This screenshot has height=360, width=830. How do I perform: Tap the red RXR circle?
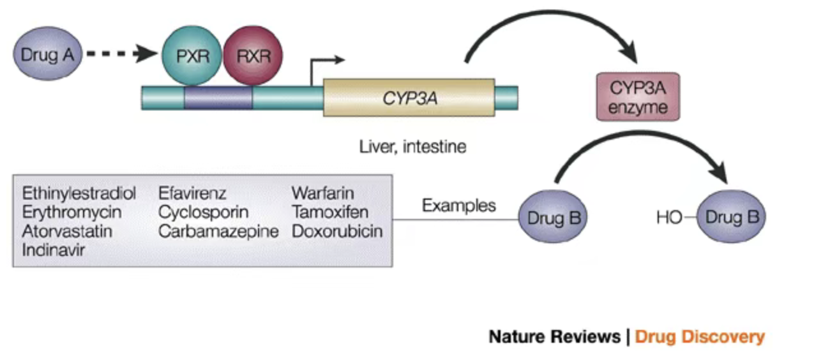(253, 56)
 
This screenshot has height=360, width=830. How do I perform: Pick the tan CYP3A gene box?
(409, 98)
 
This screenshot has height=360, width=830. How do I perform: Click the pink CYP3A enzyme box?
(637, 97)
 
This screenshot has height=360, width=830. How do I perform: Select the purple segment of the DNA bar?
(218, 98)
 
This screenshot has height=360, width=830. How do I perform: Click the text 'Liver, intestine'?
(412, 147)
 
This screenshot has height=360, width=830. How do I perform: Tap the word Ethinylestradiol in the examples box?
(79, 193)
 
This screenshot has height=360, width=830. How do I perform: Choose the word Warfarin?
(322, 193)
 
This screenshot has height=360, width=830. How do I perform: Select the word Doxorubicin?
(337, 231)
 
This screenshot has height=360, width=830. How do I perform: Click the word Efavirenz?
(192, 193)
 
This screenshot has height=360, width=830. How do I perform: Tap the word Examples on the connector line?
(458, 206)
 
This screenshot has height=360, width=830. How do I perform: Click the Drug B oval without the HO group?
(553, 218)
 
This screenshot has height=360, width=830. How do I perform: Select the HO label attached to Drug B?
(669, 218)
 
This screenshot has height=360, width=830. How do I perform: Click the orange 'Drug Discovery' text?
(700, 336)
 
